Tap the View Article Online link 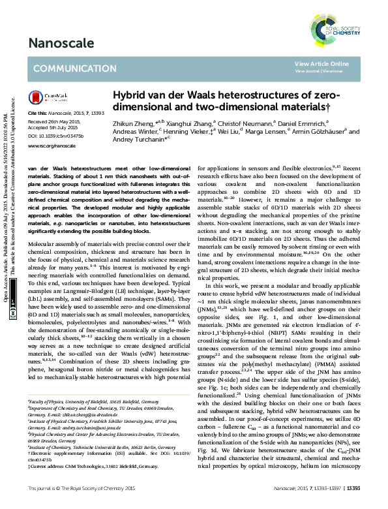[321, 64]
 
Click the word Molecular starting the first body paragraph [42, 242]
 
